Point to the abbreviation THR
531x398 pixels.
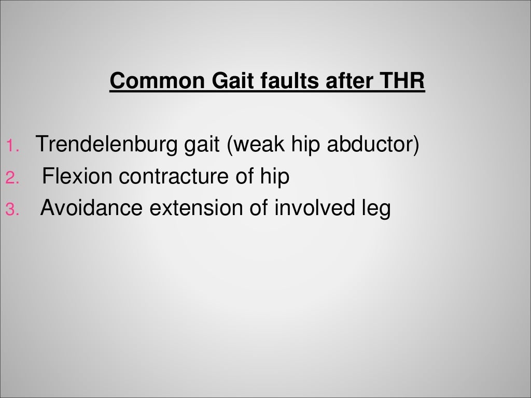[402, 81]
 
